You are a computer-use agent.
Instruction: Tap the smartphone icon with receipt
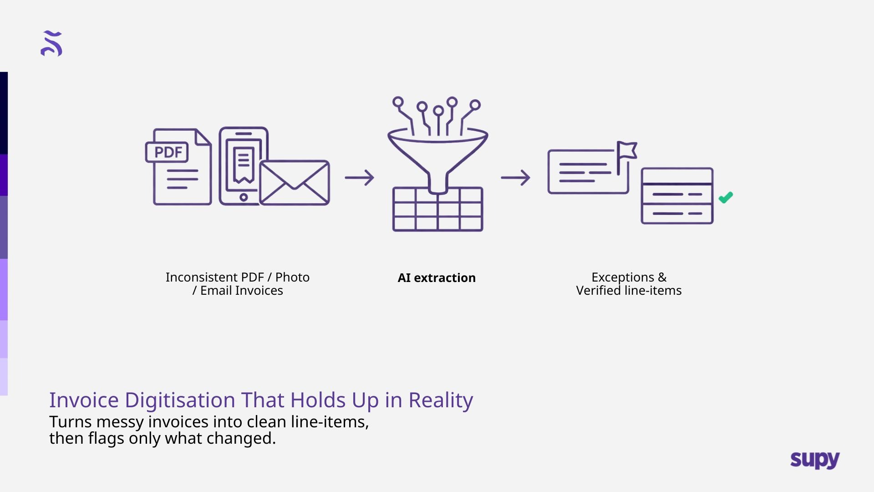tap(243, 166)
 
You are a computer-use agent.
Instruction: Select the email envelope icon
tap(295, 183)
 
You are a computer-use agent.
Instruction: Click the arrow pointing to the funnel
tap(359, 177)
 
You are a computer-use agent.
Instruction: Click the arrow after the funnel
tap(515, 177)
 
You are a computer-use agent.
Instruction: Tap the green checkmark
tap(726, 197)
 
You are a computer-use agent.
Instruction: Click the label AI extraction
tap(437, 278)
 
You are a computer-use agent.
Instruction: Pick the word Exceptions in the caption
tap(622, 277)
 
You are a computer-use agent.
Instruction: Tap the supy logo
tap(815, 460)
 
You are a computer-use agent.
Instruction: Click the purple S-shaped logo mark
tap(51, 44)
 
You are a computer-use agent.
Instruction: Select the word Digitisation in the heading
tap(180, 400)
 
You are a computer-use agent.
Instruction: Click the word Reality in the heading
tap(440, 400)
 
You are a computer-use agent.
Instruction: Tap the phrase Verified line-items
tap(629, 291)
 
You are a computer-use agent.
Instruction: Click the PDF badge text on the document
tap(168, 152)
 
